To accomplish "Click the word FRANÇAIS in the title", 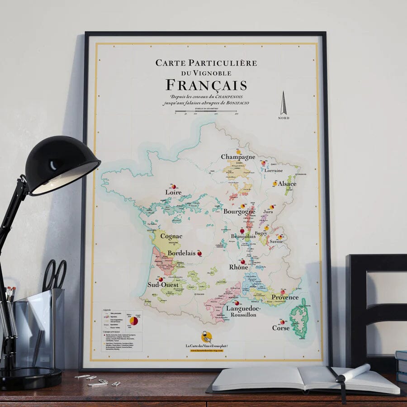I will pyautogui.click(x=206, y=85).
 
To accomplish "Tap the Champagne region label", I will pyautogui.click(x=238, y=157).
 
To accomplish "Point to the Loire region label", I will pyautogui.click(x=173, y=192).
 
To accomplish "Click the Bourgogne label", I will pyautogui.click(x=239, y=211).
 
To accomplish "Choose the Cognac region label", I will pyautogui.click(x=171, y=236).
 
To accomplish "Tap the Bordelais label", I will pyautogui.click(x=181, y=253).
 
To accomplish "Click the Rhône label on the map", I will pyautogui.click(x=238, y=267).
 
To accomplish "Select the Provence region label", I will pyautogui.click(x=285, y=298).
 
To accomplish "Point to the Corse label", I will pyautogui.click(x=280, y=328).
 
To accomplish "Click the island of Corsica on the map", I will pyautogui.click(x=298, y=318).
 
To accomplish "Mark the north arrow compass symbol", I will pyautogui.click(x=284, y=103).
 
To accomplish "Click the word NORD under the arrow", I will pyautogui.click(x=284, y=118).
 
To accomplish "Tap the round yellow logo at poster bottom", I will pyautogui.click(x=206, y=337).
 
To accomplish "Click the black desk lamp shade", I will pyautogui.click(x=62, y=166).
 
